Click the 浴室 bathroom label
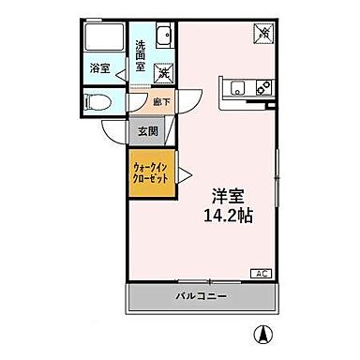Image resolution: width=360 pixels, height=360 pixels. click(x=99, y=68)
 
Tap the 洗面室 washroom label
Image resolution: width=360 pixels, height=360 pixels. click(x=140, y=55)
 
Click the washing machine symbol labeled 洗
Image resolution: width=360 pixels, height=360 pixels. click(x=164, y=70)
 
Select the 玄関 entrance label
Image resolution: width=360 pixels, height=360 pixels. click(x=148, y=132)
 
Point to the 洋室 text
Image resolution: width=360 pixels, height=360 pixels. click(x=225, y=197)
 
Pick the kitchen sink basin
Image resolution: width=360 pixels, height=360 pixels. click(x=238, y=88)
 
